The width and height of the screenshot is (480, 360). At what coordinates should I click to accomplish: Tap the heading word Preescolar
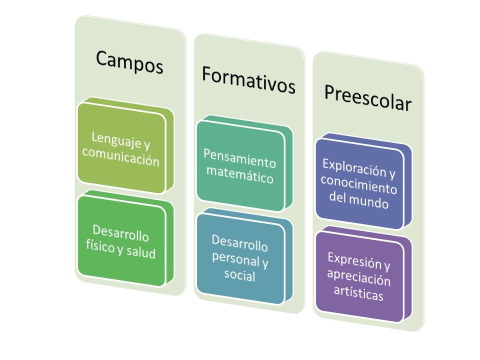click(367, 98)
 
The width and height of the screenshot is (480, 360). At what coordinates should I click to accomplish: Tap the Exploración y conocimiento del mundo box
click(359, 182)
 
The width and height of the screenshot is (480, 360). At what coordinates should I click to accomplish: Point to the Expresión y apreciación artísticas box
click(359, 275)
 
